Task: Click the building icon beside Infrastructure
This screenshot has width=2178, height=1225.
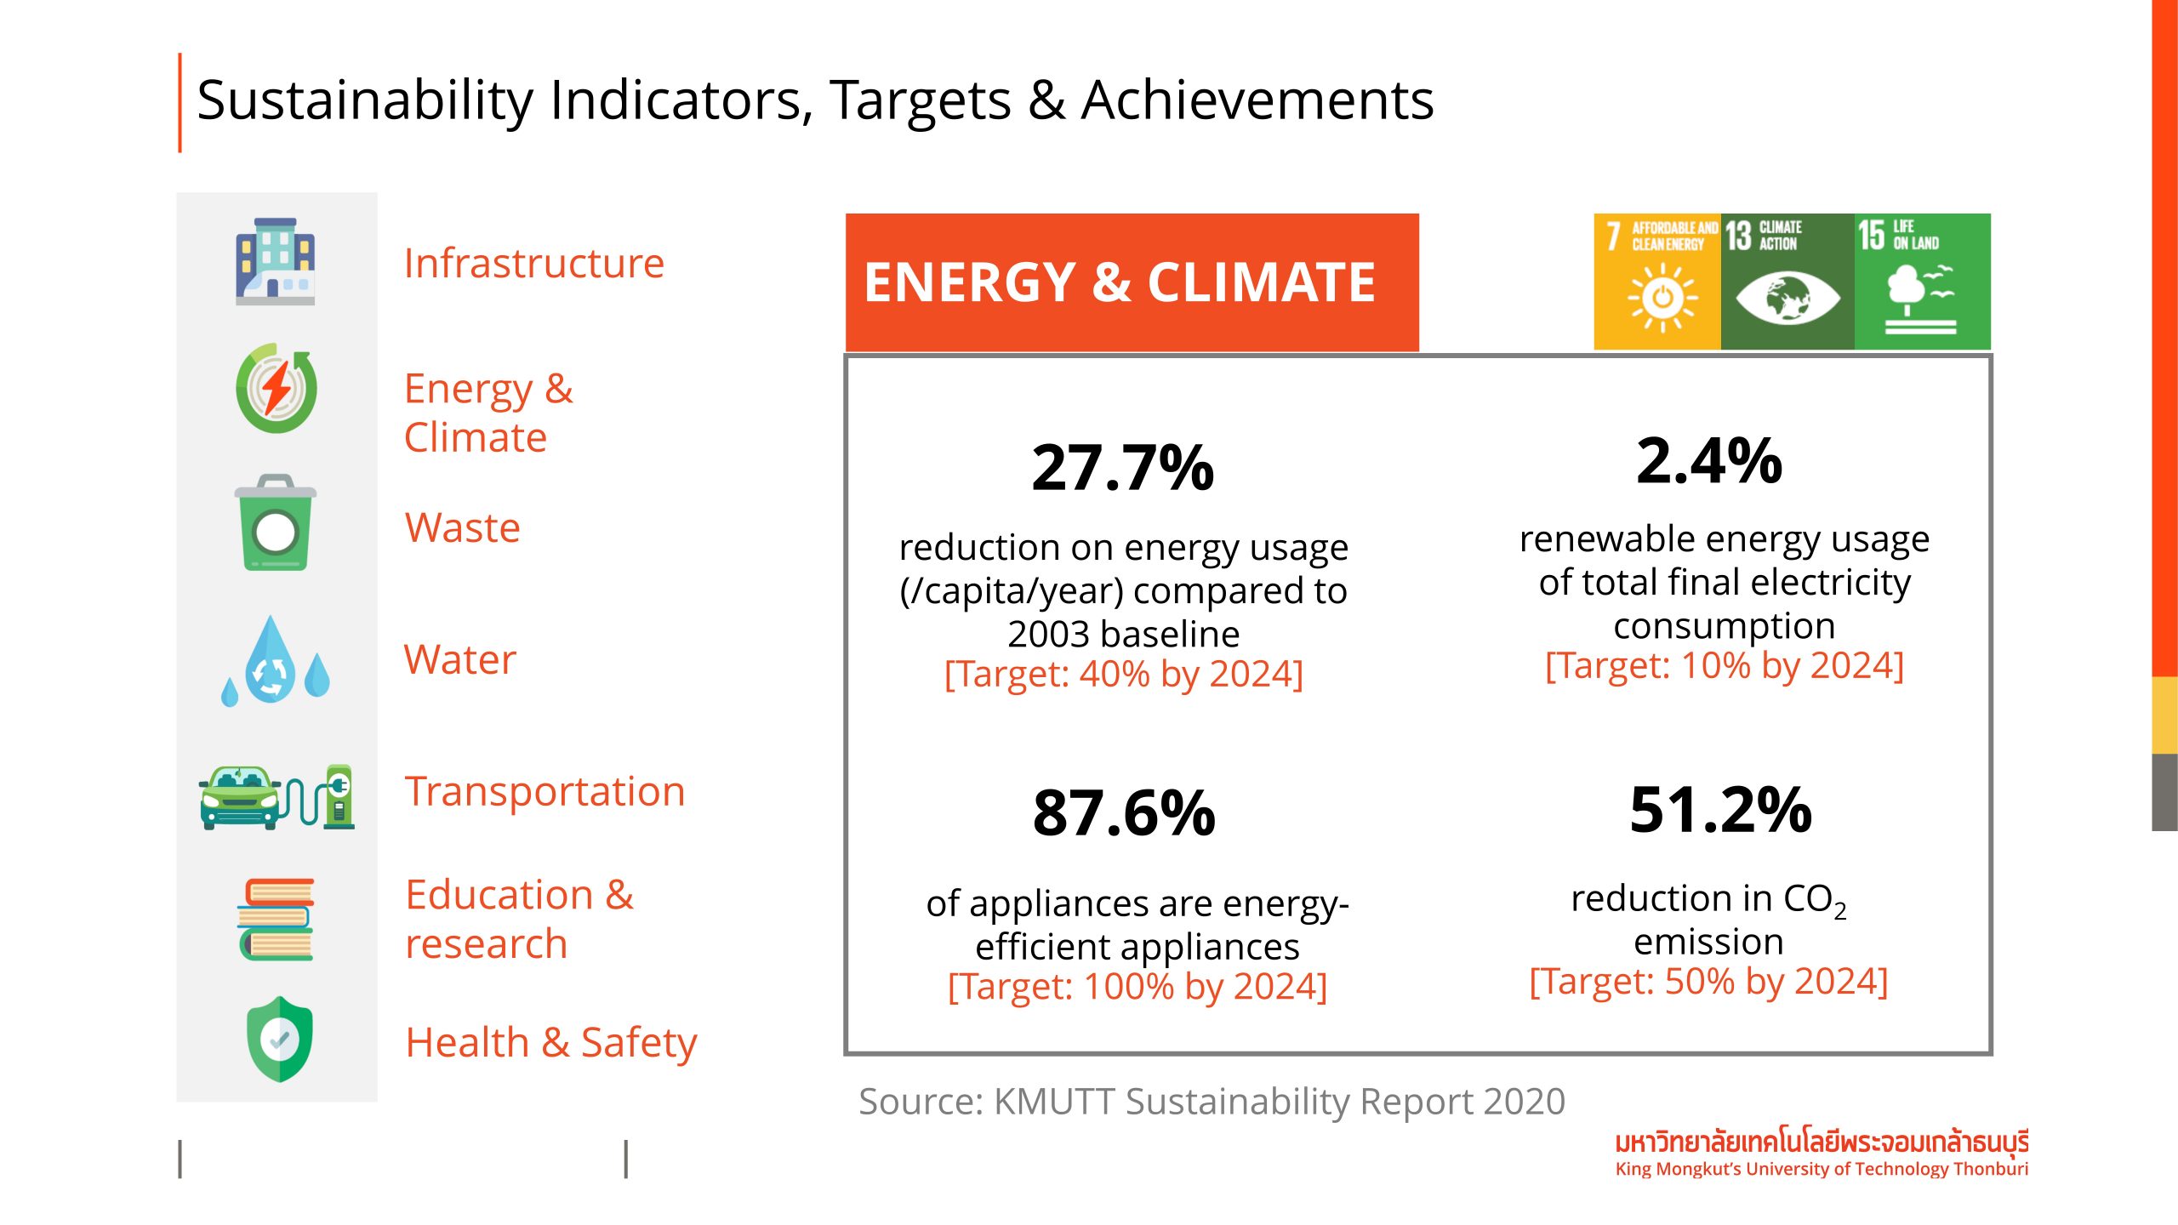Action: (x=275, y=262)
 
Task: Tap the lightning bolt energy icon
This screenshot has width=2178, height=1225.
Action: (x=277, y=389)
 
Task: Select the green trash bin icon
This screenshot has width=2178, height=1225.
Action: (x=275, y=523)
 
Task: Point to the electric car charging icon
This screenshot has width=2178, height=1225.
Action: (x=277, y=798)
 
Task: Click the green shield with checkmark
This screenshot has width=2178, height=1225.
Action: (x=279, y=1040)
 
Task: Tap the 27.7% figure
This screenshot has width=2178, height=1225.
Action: (x=1122, y=468)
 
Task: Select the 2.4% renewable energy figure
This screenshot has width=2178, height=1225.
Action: (x=1708, y=461)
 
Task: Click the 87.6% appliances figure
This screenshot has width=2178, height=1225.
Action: (x=1123, y=813)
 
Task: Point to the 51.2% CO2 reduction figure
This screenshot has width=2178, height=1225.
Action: (x=1720, y=810)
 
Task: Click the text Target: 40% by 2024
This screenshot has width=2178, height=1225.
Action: (x=1123, y=675)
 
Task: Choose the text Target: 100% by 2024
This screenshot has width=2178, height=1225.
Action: (x=1137, y=987)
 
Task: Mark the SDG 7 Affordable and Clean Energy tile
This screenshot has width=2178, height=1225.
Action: (x=1656, y=282)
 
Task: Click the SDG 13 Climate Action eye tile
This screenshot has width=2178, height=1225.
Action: (x=1787, y=282)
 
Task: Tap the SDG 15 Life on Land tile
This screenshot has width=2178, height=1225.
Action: (x=1922, y=282)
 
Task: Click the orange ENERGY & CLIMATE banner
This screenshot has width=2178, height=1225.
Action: (x=1132, y=282)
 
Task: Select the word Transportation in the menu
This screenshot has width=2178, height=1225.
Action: (x=544, y=792)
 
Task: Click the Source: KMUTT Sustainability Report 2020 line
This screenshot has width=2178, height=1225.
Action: (x=1212, y=1102)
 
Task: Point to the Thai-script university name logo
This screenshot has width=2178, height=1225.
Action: (x=1821, y=1142)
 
